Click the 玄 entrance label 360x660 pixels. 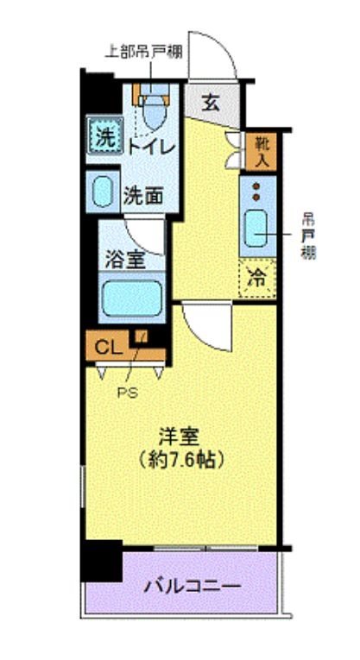(x=211, y=102)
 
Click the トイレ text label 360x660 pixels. (x=151, y=147)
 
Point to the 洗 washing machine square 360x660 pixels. (x=104, y=135)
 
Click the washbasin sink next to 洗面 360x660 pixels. (x=104, y=192)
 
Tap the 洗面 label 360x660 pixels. (x=142, y=195)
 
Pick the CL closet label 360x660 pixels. (x=107, y=347)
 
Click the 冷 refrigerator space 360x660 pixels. (x=257, y=278)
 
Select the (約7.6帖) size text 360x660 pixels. (x=181, y=461)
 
